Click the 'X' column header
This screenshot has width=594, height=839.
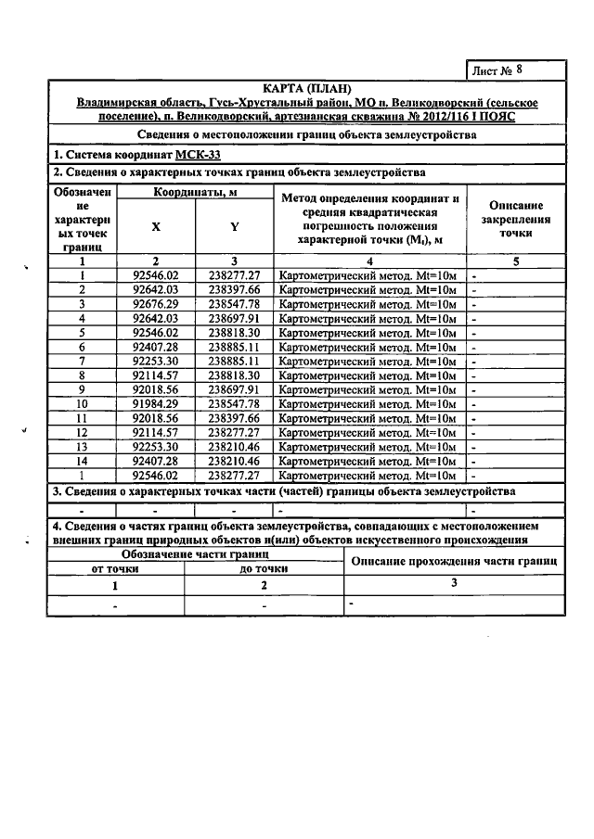(155, 227)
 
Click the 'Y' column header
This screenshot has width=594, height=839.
(234, 227)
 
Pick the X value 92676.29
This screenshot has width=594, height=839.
(155, 304)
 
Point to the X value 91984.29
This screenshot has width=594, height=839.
(155, 404)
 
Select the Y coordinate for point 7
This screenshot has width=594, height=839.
(234, 362)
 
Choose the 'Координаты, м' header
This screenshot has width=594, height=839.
(194, 193)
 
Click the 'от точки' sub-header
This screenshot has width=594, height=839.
(116, 569)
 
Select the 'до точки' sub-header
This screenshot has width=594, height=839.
(264, 569)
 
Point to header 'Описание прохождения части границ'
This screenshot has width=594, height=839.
(453, 562)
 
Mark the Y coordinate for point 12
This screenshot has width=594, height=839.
(234, 433)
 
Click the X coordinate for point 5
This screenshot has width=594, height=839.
(155, 333)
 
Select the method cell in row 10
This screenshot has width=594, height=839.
(369, 404)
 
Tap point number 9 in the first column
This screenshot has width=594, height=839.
(83, 390)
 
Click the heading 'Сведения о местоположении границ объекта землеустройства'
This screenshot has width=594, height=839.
(305, 134)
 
